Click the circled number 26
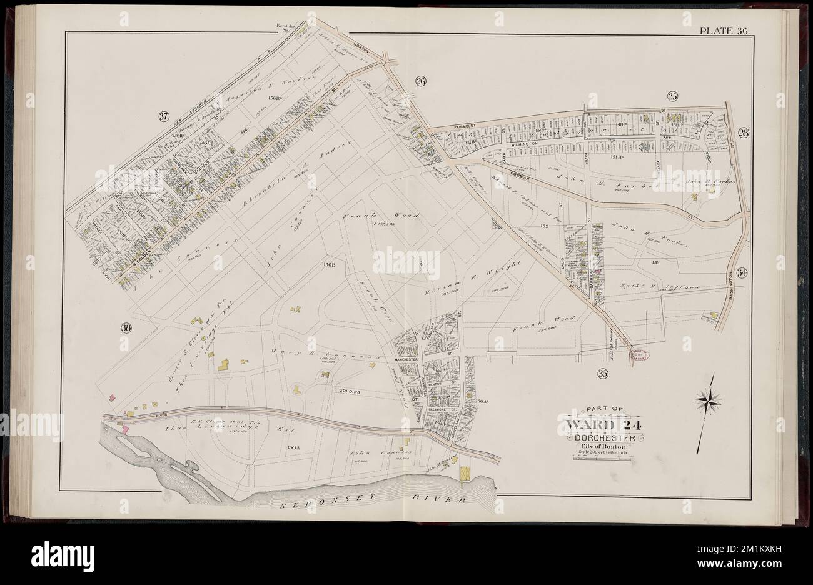(x=420, y=81)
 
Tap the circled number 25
(x=672, y=96)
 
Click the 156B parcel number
(x=330, y=265)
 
